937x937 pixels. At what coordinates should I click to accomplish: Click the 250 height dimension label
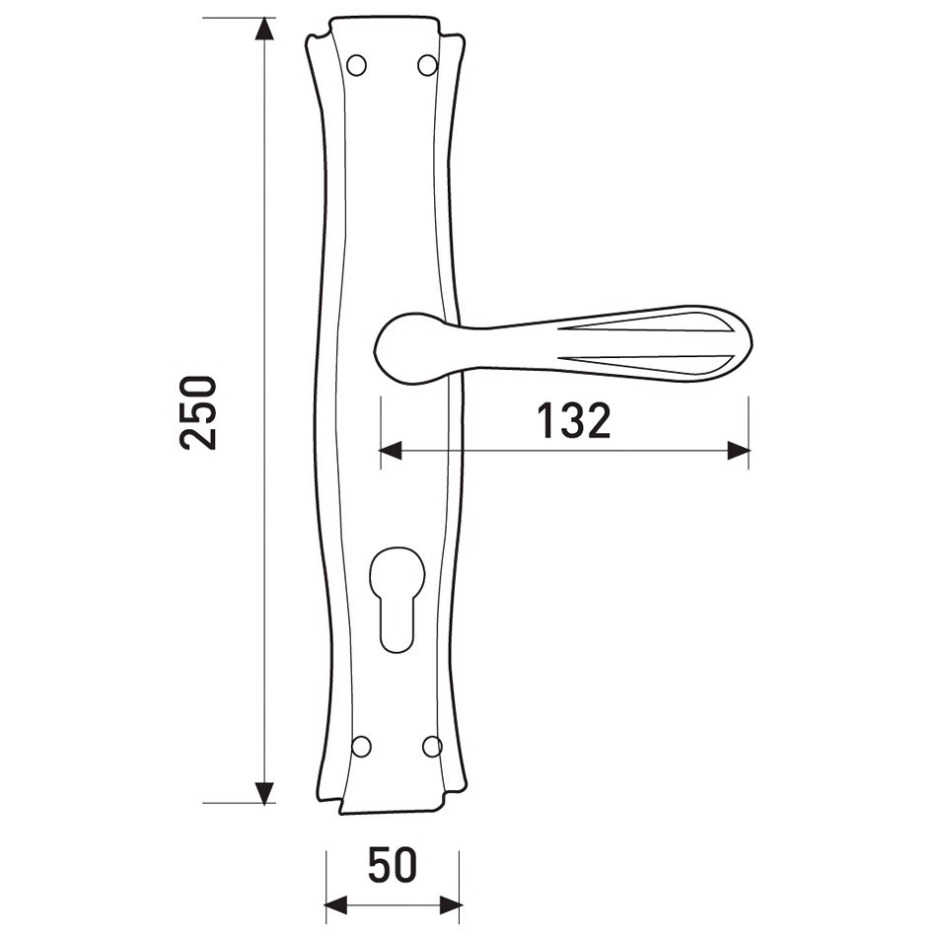point(197,412)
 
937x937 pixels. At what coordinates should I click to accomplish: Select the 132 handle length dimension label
point(574,420)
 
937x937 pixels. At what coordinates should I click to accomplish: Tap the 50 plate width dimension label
point(392,865)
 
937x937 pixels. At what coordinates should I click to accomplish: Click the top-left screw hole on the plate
point(357,65)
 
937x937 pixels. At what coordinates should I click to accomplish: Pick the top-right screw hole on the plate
point(427,65)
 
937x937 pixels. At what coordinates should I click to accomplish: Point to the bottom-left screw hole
point(361,747)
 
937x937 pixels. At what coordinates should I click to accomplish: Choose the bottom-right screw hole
point(431,747)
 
